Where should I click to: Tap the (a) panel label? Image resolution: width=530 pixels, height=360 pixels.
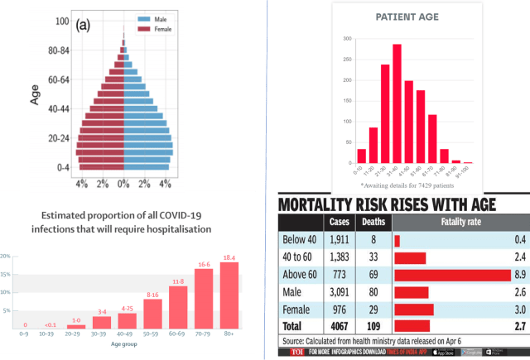[x=83, y=25]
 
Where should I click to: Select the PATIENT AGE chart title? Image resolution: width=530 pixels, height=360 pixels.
[x=407, y=16]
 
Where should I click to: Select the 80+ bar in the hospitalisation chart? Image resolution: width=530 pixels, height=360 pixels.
[x=228, y=298]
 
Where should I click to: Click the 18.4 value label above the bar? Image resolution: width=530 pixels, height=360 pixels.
[x=228, y=257]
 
